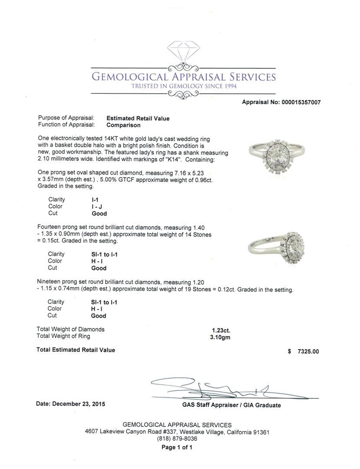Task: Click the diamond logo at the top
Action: [183, 53]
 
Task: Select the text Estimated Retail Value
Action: [138, 118]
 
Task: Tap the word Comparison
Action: [123, 125]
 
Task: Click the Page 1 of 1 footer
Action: [177, 447]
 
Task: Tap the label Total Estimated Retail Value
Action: [76, 350]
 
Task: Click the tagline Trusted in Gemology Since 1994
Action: [183, 86]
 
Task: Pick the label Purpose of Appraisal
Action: [66, 118]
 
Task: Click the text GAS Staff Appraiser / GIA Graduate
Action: [231, 405]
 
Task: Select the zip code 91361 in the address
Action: [260, 432]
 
